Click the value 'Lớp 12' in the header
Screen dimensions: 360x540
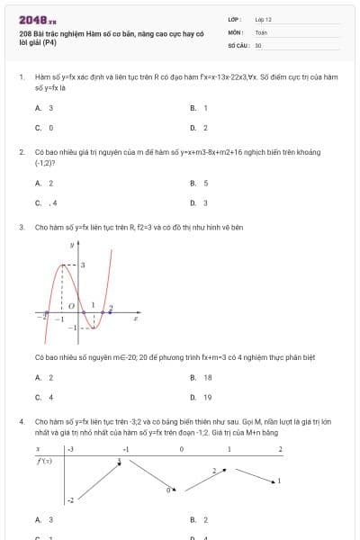click(263, 19)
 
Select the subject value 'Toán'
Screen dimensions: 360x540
click(261, 31)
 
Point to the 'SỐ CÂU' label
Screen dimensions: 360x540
click(238, 44)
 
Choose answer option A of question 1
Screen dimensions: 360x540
click(44, 107)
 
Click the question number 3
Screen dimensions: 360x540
click(21, 228)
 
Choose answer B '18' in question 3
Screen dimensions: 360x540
click(202, 377)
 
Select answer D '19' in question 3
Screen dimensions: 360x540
click(202, 397)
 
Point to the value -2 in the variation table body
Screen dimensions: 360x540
click(69, 499)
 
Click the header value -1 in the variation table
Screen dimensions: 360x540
click(126, 448)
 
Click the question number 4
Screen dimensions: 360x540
click(21, 420)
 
